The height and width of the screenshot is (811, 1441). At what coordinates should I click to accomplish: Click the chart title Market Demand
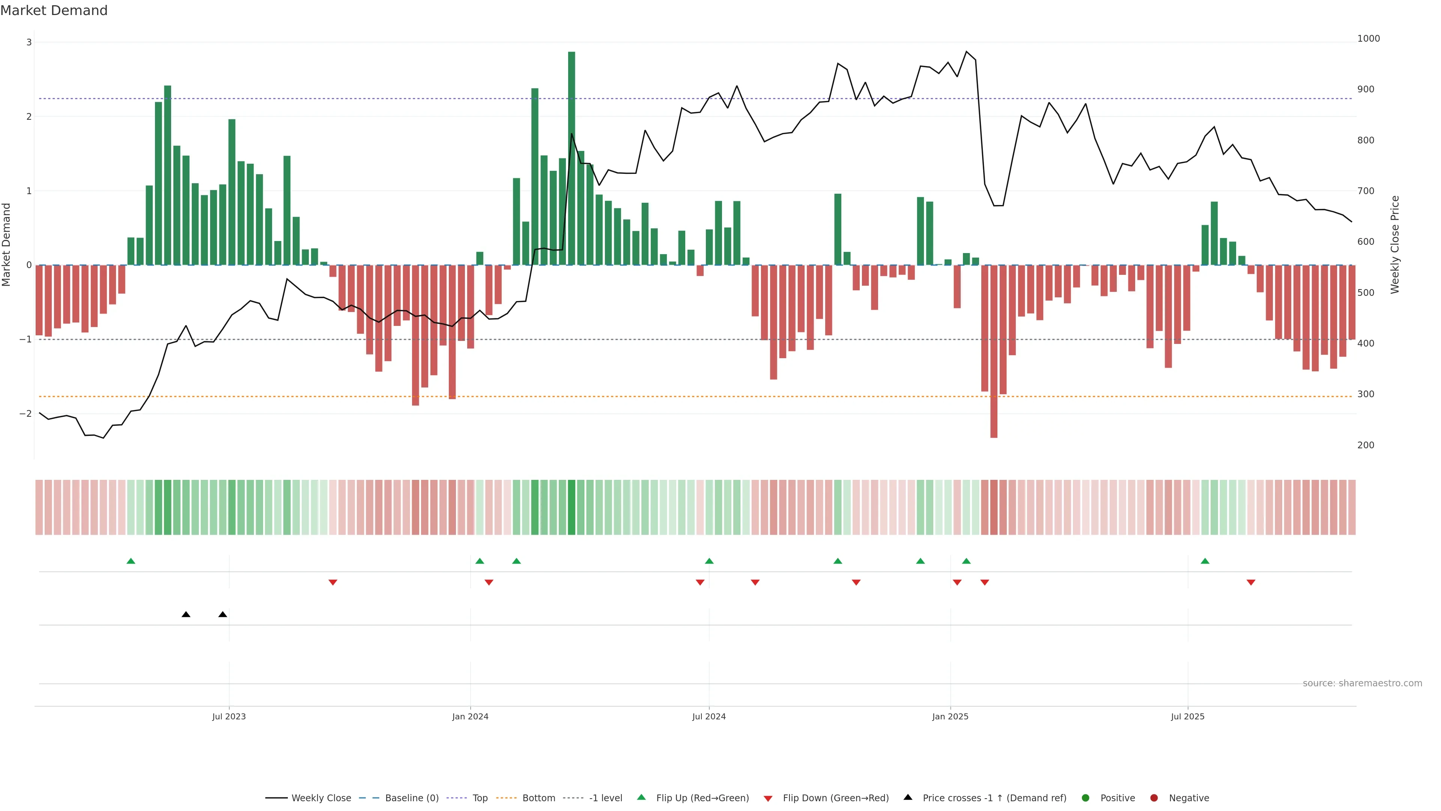(54, 11)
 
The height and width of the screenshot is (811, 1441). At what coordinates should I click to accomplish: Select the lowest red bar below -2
(993, 353)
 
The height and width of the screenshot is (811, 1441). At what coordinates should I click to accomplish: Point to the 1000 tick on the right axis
(1368, 39)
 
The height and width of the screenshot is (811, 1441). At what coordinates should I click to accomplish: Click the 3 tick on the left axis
(29, 42)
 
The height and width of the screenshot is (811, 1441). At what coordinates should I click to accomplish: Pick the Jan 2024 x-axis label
(470, 716)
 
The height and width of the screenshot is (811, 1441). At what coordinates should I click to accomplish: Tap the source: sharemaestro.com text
(1362, 683)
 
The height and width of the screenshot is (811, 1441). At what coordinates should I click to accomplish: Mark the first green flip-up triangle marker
(131, 561)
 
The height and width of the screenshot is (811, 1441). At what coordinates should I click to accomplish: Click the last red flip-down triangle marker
(1251, 583)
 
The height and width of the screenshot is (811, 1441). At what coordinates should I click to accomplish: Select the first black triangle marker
(186, 615)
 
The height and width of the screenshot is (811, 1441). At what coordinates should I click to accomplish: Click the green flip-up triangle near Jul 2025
(1205, 561)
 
